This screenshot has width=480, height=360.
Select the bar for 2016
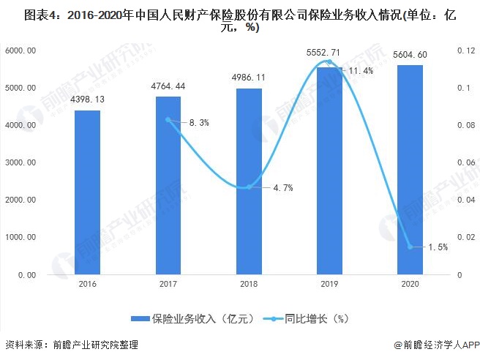[89, 192]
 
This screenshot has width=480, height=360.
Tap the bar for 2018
[250, 181]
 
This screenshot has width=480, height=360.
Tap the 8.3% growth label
[198, 123]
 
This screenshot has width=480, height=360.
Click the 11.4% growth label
[360, 71]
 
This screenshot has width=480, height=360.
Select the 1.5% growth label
[438, 247]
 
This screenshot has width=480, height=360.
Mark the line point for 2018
[250, 187]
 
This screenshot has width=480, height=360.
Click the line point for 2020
[410, 247]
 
